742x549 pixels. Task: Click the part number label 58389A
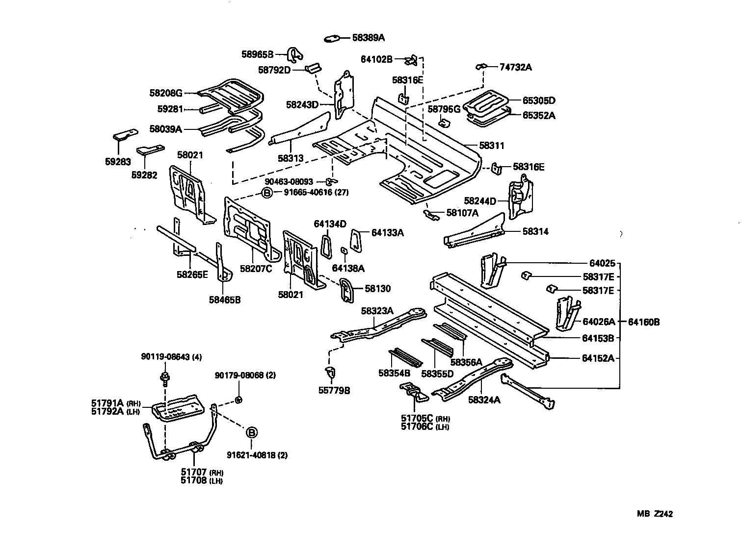click(369, 37)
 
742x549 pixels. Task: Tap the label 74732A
click(515, 67)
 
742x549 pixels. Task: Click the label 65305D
click(538, 100)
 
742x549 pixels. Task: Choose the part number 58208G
click(166, 92)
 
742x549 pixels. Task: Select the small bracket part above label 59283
click(125, 135)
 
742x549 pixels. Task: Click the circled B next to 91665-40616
click(266, 193)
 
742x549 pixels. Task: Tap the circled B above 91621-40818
click(251, 433)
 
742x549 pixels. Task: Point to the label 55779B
click(334, 390)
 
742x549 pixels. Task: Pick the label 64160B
click(643, 322)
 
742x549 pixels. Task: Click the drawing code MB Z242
click(655, 514)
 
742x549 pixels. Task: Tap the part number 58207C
click(256, 268)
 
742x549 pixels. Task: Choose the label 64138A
click(348, 268)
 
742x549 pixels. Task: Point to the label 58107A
click(462, 213)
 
